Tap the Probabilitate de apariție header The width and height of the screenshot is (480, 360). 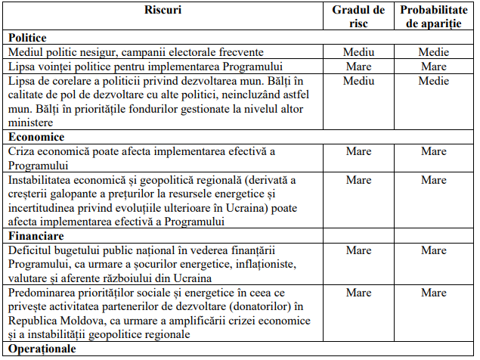tap(434, 17)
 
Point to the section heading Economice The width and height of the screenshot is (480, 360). tap(36, 137)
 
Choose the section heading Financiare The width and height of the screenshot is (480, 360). tap(36, 236)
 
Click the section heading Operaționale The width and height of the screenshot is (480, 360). tap(42, 349)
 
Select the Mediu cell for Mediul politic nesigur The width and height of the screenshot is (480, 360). tap(359, 52)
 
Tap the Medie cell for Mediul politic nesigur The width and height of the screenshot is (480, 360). tap(434, 52)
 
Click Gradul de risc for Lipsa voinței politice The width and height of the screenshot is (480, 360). tap(359, 67)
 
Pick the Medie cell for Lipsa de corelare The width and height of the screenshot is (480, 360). tap(434, 81)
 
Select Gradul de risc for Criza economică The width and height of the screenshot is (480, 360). tap(359, 151)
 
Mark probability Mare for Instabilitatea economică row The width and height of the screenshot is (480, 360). tap(434, 180)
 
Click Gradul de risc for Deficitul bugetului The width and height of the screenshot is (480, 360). tap(359, 250)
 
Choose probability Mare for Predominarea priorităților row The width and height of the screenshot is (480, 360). tap(434, 293)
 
